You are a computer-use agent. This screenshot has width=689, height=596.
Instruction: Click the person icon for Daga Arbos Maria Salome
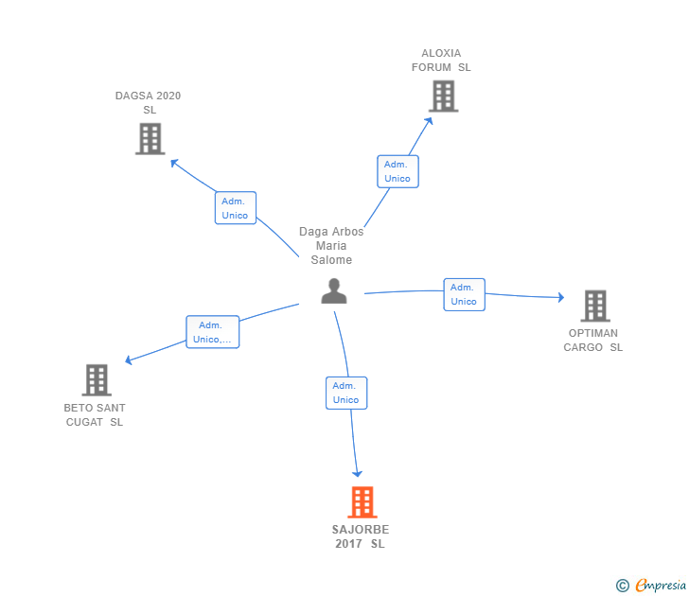[x=334, y=291]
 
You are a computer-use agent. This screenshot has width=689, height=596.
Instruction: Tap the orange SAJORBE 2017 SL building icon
[x=362, y=502]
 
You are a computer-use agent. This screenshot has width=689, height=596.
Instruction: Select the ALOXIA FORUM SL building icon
[x=443, y=96]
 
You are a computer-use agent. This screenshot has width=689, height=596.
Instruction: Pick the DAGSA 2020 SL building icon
[x=150, y=138]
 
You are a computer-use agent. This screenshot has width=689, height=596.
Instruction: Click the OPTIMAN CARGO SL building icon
[x=594, y=306]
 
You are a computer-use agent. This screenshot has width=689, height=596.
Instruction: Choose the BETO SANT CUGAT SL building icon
[x=97, y=379]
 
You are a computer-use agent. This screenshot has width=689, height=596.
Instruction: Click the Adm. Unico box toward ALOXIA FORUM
[x=397, y=171]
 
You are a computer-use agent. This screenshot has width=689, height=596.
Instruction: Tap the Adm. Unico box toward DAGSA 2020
[x=235, y=208]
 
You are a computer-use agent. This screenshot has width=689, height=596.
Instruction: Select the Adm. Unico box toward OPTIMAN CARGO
[x=464, y=294]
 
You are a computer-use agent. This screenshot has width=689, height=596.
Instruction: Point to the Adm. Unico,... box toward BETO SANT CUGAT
[x=212, y=332]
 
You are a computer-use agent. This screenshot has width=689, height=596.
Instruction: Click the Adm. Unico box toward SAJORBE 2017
[x=345, y=393]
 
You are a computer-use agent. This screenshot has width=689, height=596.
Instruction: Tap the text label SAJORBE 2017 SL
[x=361, y=536]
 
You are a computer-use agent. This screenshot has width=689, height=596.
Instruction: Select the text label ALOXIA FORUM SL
[x=441, y=61]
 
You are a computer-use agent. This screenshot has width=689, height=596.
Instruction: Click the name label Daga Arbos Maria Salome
[x=331, y=246]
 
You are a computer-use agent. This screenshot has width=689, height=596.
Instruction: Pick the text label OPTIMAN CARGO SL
[x=593, y=340]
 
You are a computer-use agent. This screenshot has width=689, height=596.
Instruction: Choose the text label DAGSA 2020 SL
[x=149, y=102]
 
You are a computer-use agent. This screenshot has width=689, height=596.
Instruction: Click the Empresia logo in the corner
[x=652, y=585]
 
